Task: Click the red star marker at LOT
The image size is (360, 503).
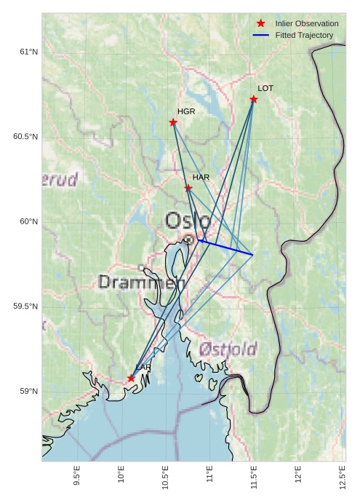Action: point(254,99)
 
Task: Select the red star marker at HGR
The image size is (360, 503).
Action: point(173,122)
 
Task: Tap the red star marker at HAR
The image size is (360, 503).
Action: point(188,188)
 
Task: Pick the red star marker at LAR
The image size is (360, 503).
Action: point(131,379)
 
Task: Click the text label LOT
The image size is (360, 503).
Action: point(265,88)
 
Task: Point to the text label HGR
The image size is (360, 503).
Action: point(186,111)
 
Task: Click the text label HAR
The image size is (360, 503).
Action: point(201,178)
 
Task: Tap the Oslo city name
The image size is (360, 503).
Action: point(188,221)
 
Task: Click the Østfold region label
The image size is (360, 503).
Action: point(228,349)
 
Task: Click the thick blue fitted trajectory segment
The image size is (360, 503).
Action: point(225,247)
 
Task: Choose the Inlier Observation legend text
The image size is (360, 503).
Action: point(306,24)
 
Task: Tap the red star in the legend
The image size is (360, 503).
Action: point(261,24)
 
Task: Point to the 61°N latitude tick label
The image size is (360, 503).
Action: point(28,52)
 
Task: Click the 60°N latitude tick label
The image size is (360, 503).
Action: point(28,222)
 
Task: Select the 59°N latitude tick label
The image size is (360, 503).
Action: point(28,392)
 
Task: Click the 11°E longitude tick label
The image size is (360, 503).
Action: point(210,479)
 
